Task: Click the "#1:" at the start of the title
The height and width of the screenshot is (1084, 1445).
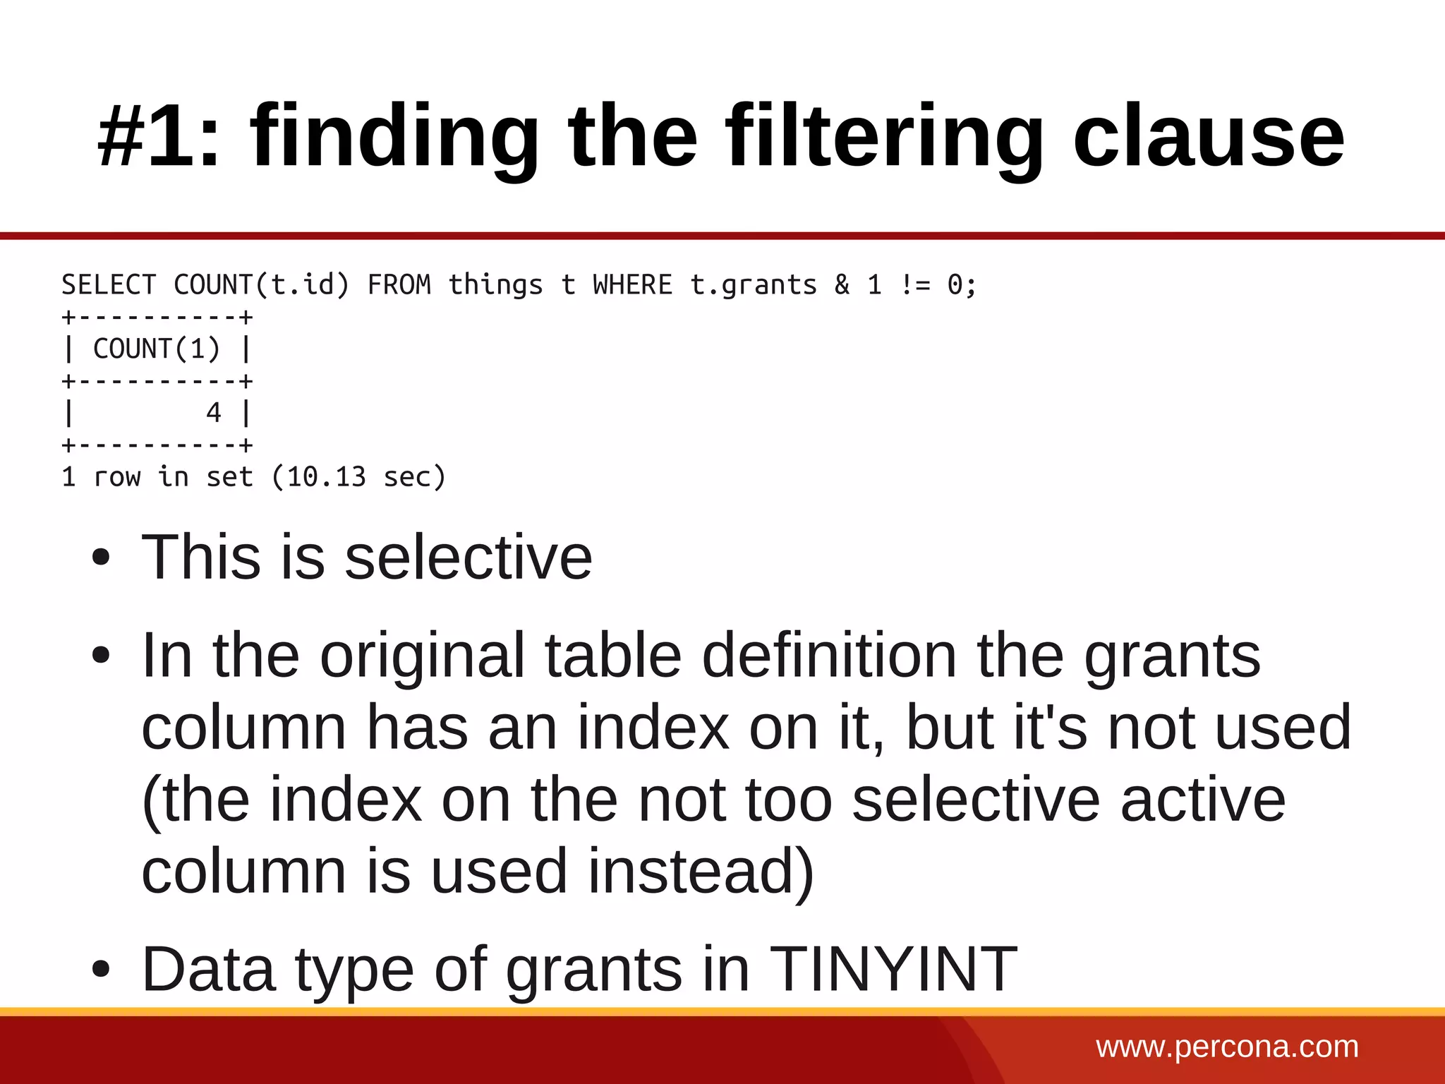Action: (x=159, y=135)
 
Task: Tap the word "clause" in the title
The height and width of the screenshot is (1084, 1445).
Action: (x=1208, y=135)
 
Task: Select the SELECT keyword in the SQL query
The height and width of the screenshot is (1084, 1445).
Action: (x=109, y=285)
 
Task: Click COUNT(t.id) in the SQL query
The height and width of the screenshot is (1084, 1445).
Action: (x=262, y=285)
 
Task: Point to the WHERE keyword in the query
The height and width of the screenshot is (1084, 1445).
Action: (x=632, y=285)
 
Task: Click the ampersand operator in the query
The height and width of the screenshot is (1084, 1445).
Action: (x=842, y=285)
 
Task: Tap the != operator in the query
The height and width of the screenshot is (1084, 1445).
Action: (x=915, y=285)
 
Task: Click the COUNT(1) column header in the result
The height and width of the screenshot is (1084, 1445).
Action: (x=157, y=349)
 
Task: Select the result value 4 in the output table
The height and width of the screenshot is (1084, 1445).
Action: (x=214, y=413)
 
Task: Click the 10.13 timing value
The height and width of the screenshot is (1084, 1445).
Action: (x=326, y=477)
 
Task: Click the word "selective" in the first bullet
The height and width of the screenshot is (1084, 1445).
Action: (x=468, y=558)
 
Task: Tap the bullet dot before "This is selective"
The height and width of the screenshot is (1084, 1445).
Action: (x=101, y=558)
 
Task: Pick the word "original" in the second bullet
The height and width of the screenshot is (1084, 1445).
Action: (x=421, y=656)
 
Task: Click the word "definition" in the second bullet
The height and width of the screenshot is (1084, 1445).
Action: (x=829, y=656)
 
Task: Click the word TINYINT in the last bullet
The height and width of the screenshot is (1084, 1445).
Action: (x=893, y=970)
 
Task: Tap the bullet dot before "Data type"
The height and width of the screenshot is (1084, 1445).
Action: (x=101, y=970)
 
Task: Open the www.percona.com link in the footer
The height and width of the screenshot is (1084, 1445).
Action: (x=1227, y=1047)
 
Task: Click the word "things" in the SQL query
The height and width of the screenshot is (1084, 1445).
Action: (x=496, y=285)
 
